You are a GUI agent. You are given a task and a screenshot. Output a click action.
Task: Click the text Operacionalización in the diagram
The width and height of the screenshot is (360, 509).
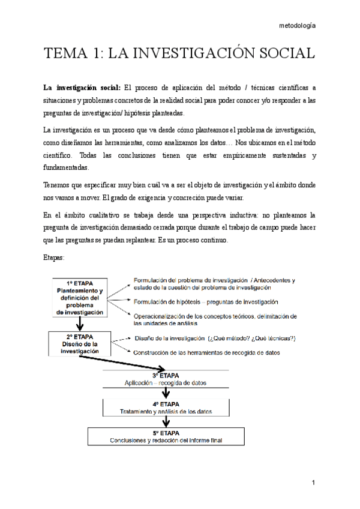(x=160, y=316)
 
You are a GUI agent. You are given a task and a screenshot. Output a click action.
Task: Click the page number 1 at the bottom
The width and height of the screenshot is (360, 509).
(x=313, y=483)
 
